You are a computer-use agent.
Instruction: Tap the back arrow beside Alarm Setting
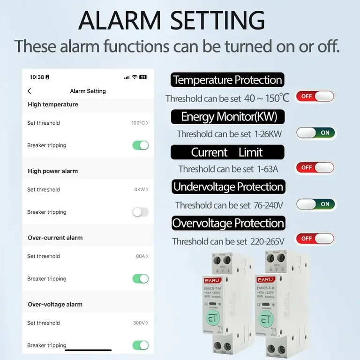pos(30,91)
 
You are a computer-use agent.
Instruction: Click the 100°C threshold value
pos(140,123)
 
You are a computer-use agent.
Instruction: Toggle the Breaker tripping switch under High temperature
pos(140,145)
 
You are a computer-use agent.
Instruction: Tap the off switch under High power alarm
pos(140,212)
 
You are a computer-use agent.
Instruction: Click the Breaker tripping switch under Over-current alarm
pos(140,278)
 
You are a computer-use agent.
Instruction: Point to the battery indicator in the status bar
pos(143,77)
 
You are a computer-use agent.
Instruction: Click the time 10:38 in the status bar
pos(37,77)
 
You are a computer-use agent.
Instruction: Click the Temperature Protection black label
pos(228,80)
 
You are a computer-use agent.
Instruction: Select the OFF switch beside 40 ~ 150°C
pos(315,97)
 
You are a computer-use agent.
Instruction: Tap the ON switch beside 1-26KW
pos(316,133)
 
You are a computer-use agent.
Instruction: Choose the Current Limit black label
pos(227,152)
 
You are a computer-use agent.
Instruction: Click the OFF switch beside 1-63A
pos(315,167)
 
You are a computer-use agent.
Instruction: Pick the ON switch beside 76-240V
pos(316,204)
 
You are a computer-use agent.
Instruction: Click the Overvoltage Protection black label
pos(228,223)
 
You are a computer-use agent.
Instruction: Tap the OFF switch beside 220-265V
pos(315,239)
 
